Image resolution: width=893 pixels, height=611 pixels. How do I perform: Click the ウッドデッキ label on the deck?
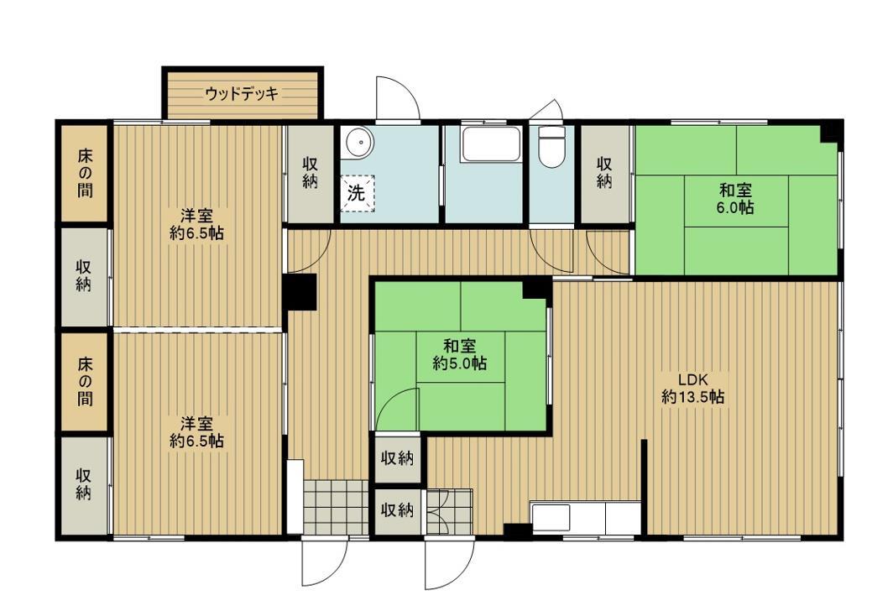[x=241, y=94]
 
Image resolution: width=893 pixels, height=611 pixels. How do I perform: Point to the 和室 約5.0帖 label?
[x=460, y=355]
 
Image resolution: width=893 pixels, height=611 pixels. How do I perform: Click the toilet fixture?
[x=551, y=147]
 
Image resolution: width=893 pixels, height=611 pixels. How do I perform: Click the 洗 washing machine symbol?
[x=358, y=194]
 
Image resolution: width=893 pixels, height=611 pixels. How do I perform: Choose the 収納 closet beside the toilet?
[x=604, y=174]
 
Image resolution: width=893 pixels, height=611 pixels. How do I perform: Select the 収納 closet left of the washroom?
[x=311, y=174]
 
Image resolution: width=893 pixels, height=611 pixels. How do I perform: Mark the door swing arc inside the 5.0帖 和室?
[x=396, y=410]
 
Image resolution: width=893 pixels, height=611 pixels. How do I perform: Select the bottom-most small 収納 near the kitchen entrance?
[x=397, y=509]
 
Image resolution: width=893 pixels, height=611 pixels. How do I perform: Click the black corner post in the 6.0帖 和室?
[x=830, y=131]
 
